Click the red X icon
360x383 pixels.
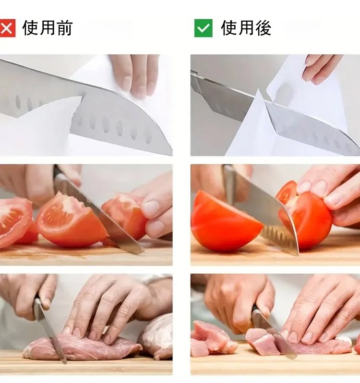7,28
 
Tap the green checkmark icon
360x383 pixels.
203,28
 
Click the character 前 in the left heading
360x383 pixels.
64,28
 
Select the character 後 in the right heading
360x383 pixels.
263,28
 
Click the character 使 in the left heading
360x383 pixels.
30,28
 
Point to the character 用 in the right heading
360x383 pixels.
246,28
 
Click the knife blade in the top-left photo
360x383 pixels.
97,108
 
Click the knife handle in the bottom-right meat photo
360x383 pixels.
259,315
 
